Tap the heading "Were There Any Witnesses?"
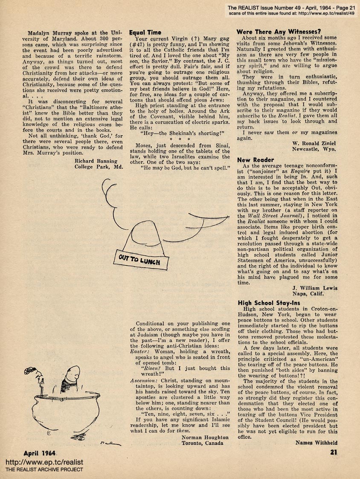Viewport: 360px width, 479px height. point(279,31)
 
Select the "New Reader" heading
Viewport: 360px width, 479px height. point(255,160)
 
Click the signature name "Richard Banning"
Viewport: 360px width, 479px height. point(96,161)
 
